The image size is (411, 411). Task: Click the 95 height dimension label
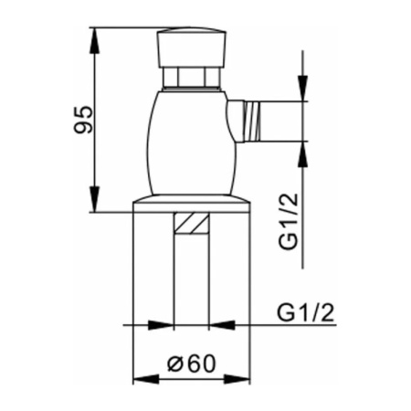pos(82,120)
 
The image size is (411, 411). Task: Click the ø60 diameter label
pos(192,364)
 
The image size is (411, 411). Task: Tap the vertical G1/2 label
pos(288,221)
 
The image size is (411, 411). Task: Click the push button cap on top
pos(192,47)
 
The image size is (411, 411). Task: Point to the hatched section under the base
pos(192,223)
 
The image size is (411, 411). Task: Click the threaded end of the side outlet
pos(252,121)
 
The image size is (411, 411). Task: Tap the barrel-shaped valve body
pos(192,143)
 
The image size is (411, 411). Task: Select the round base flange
pos(192,204)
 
